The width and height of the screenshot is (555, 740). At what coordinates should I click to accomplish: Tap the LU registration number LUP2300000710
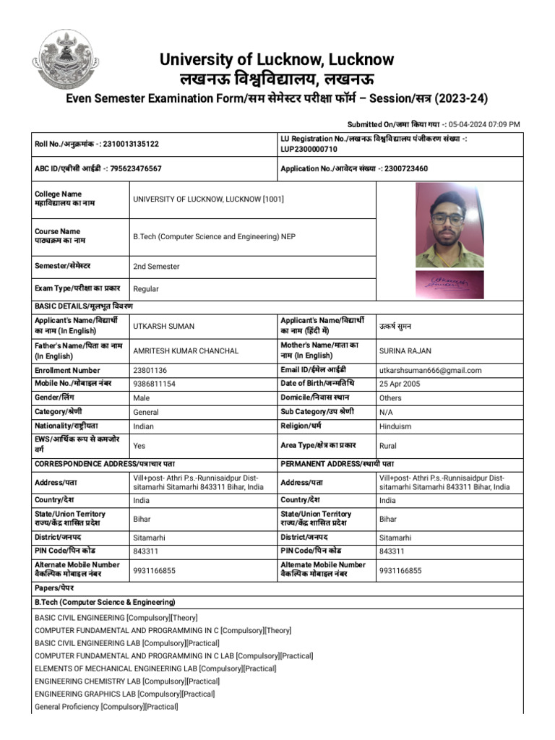pos(309,150)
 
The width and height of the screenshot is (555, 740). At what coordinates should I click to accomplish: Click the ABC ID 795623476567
pos(132,168)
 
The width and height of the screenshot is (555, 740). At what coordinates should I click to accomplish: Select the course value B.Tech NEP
pos(214,236)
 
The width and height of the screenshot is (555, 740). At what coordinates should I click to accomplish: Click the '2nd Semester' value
pos(156,267)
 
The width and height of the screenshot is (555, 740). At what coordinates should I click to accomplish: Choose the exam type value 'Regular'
pos(146,289)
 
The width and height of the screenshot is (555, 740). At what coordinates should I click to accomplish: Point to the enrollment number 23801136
pos(150,371)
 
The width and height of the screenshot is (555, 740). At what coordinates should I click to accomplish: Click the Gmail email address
pos(430,371)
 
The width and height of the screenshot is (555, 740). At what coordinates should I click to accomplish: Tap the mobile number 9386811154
pos(154,384)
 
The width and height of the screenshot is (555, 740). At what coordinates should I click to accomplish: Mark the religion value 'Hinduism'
pos(395,426)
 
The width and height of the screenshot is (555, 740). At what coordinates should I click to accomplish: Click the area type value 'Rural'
pos(388,446)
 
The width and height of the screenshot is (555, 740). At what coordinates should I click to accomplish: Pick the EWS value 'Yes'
pos(139,446)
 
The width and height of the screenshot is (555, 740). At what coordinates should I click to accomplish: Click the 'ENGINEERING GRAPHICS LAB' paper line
pos(124,694)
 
